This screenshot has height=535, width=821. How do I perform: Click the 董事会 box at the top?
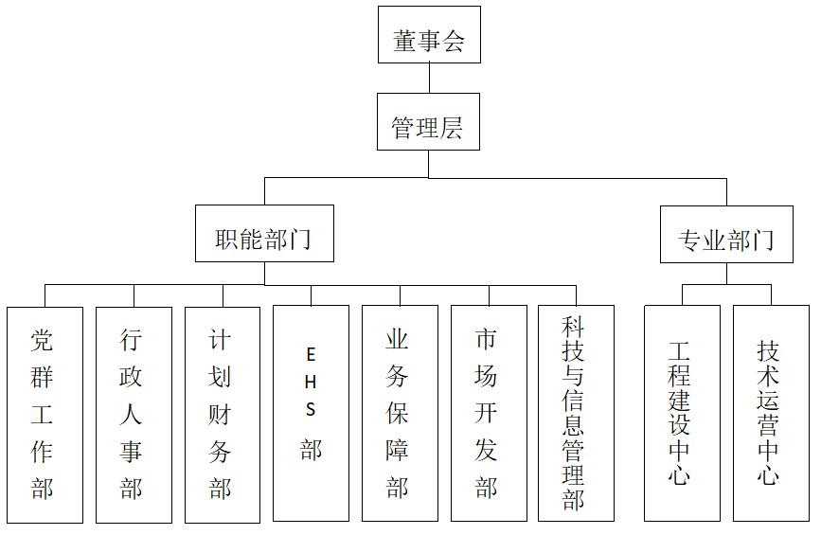tap(429, 34)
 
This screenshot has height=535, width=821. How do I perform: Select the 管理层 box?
tap(428, 121)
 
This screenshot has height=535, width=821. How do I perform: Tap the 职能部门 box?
tap(264, 234)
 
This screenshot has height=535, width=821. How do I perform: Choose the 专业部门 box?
tap(726, 235)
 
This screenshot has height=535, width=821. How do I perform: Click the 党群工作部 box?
tap(45, 415)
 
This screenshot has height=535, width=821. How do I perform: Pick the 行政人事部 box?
tap(134, 415)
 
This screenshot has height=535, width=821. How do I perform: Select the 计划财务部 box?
tap(223, 415)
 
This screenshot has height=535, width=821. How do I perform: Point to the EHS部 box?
tap(311, 413)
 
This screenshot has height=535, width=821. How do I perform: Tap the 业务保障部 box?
tap(400, 413)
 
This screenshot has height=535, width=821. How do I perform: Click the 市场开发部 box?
tap(489, 413)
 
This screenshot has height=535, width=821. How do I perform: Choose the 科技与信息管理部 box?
tap(576, 413)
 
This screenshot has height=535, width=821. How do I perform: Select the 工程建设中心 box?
tap(682, 413)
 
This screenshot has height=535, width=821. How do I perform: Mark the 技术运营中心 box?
tap(771, 413)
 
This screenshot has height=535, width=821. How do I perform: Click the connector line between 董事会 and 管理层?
tap(429, 78)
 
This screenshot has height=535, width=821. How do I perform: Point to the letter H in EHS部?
tap(311, 383)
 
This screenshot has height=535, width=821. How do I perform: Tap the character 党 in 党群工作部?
tap(42, 340)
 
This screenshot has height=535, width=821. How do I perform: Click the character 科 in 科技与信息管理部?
tap(573, 327)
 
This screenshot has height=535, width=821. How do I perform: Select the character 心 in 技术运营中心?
tap(768, 474)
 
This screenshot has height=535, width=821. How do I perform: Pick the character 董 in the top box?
tap(404, 41)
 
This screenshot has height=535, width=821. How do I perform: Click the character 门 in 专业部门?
tap(762, 240)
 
